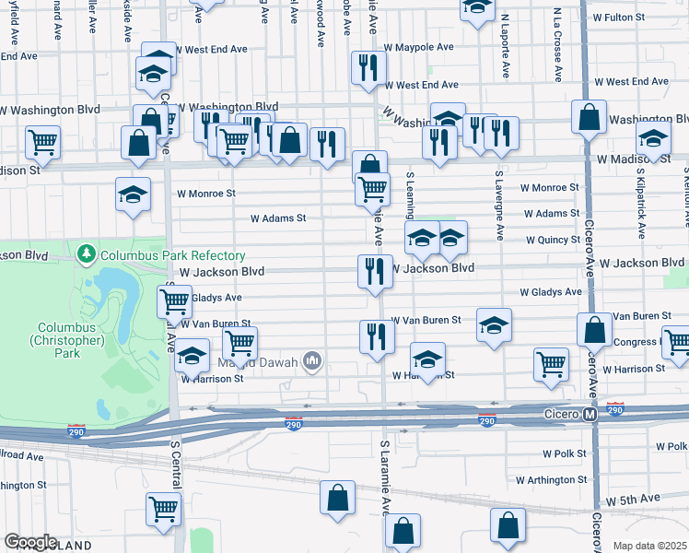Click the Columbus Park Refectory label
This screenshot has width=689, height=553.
coord(172,255)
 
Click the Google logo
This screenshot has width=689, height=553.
coord(30,542)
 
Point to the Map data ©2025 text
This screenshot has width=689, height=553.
coord(649,546)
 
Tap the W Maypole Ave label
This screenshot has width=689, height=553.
coord(418,46)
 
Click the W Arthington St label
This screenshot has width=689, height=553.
coord(551,479)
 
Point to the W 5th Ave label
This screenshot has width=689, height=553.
coord(633,498)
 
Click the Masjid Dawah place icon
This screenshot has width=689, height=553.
coord(313,360)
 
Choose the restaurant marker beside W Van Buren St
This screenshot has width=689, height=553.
coord(376,336)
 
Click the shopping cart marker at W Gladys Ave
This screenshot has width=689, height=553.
coord(174,300)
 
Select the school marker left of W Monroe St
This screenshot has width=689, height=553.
coord(133,195)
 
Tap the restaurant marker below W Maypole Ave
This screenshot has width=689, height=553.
coord(367,67)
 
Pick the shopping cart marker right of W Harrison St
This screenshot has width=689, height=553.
coord(551,364)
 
